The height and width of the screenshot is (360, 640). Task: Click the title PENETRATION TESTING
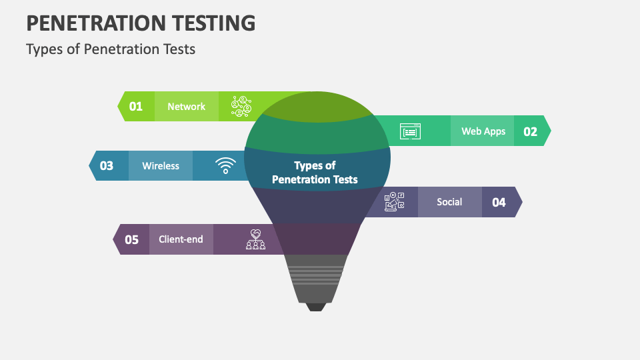click(141, 23)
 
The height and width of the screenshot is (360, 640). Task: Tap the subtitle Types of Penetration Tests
click(111, 49)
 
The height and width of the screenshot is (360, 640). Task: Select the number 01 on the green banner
click(136, 107)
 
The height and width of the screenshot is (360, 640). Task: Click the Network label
click(186, 107)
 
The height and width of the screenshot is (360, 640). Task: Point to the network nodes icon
click(241, 105)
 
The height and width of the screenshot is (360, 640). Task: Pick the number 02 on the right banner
click(530, 131)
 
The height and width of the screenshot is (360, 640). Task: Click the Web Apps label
click(483, 131)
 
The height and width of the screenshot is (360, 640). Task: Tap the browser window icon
click(410, 131)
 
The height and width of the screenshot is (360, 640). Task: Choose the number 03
click(107, 166)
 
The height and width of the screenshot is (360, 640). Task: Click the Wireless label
click(161, 166)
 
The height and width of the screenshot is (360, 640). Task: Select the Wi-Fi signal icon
click(225, 165)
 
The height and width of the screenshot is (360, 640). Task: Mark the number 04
click(499, 202)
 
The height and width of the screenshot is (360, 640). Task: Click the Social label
click(449, 202)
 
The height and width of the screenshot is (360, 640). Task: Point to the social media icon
click(395, 202)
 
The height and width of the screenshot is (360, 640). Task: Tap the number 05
click(132, 239)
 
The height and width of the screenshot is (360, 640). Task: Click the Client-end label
click(181, 239)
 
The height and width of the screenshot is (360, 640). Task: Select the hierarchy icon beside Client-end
click(255, 239)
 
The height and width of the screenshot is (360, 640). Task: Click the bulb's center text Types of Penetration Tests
click(315, 172)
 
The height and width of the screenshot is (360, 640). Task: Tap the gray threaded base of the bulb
click(317, 280)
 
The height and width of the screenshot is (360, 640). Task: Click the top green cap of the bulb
click(317, 107)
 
